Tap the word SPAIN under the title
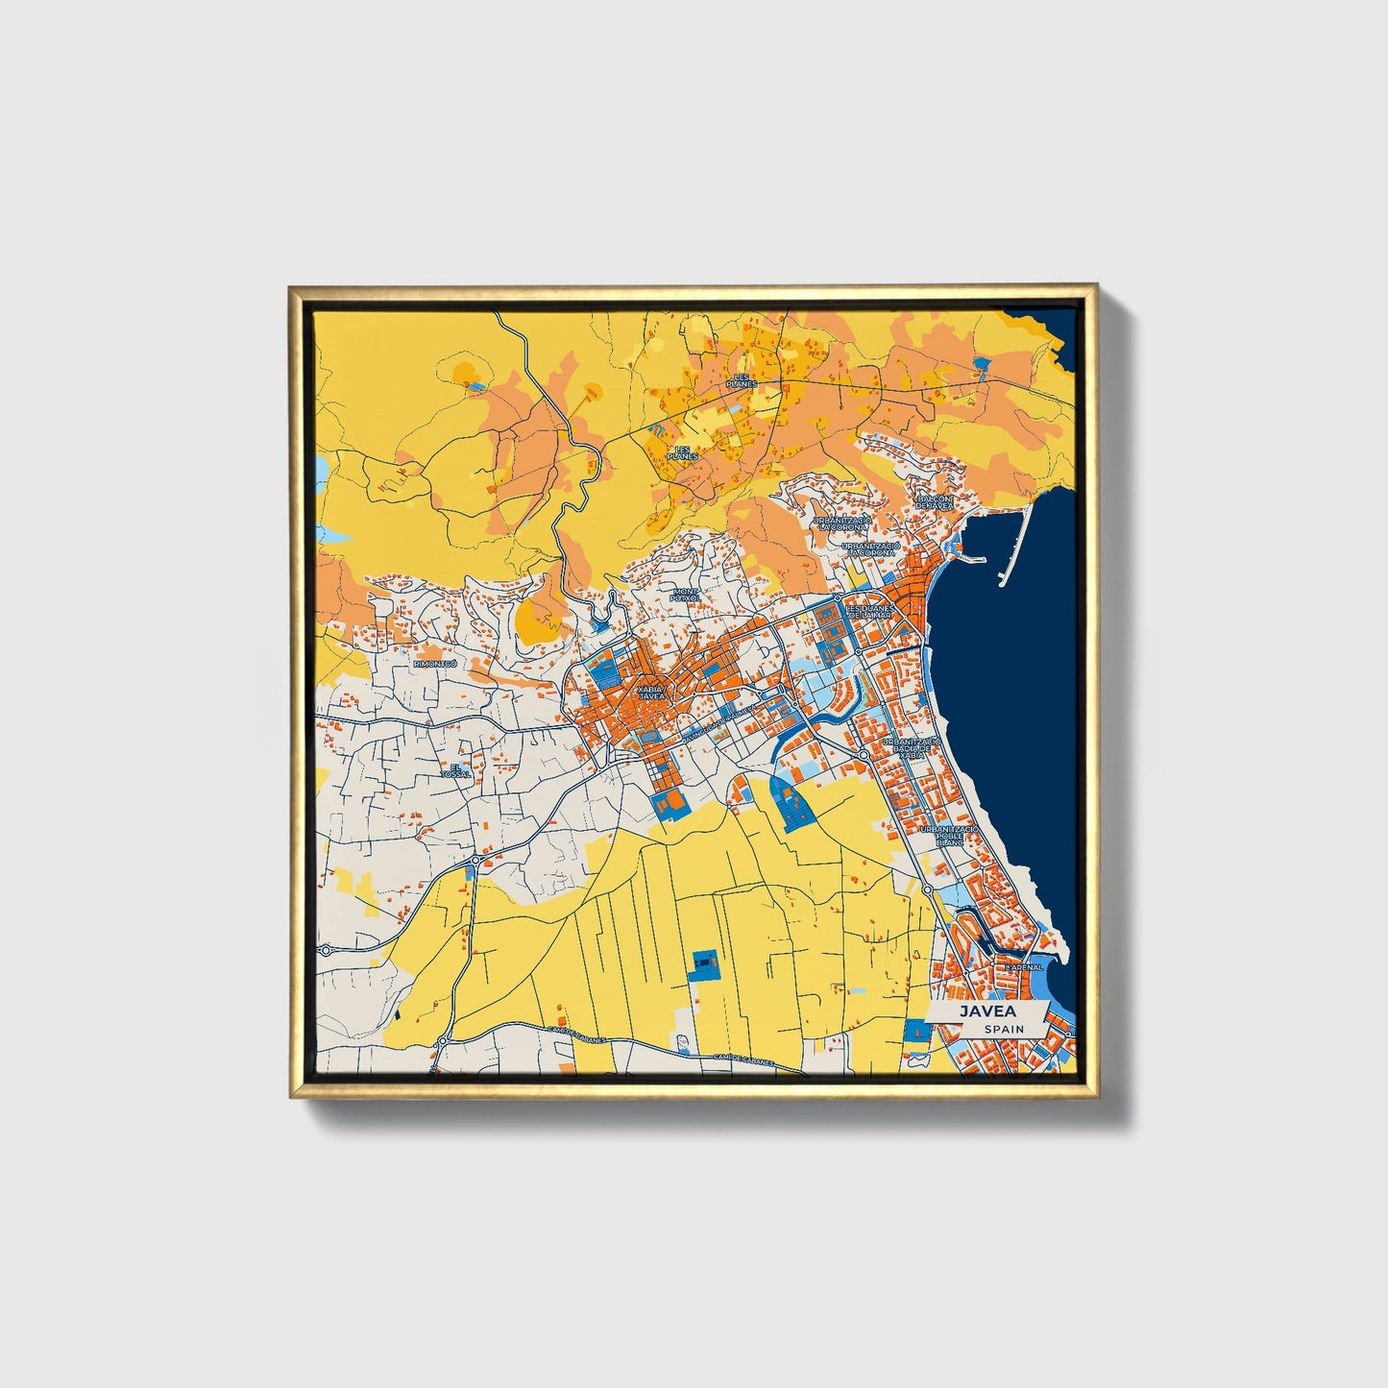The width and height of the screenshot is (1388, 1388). [1003, 1029]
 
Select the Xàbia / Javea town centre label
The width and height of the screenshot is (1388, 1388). [650, 693]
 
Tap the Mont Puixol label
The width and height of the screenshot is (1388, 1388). [686, 595]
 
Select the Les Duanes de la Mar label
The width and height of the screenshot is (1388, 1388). [870, 611]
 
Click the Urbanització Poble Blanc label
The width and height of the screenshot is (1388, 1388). [948, 835]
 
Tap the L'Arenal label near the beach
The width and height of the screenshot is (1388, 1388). [1023, 967]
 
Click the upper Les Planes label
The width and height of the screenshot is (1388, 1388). [742, 380]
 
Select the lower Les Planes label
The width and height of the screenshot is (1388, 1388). [684, 452]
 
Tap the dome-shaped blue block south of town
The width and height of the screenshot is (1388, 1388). [791, 803]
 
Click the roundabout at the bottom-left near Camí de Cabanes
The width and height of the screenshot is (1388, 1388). [443, 1041]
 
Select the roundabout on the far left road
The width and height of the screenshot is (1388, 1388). [326, 950]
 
